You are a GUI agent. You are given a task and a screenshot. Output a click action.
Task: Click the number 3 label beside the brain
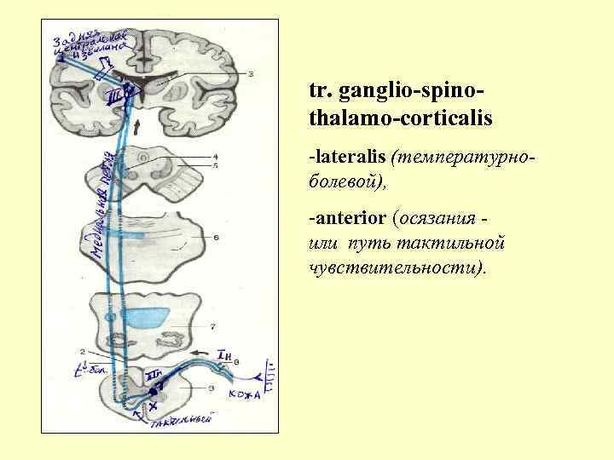250,75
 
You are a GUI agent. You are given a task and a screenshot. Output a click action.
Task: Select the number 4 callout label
216,157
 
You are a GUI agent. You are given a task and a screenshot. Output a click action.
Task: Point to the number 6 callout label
217,237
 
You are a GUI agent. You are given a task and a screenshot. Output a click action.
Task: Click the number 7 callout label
212,325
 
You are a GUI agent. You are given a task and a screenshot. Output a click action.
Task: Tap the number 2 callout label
82,351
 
